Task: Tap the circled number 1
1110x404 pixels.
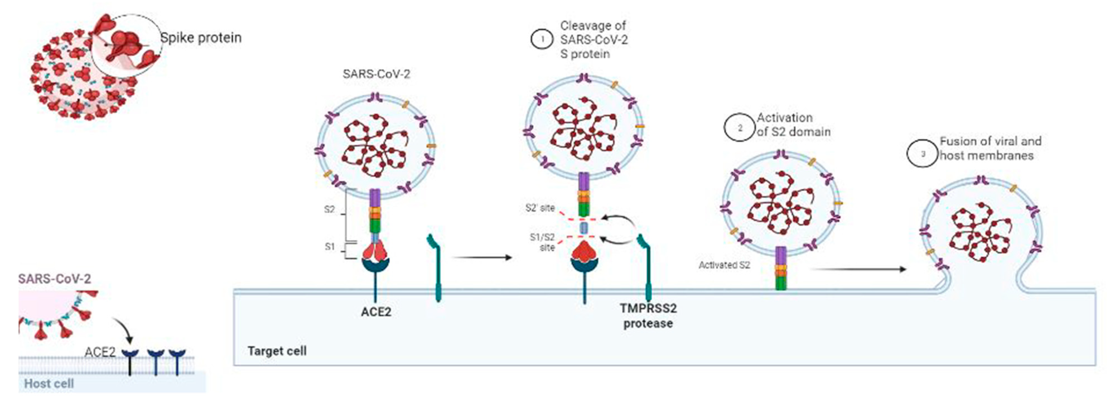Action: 542,40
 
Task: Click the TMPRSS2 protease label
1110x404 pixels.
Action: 648,315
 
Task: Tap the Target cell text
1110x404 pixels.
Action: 277,351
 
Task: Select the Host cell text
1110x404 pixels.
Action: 49,383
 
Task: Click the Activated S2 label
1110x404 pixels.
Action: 724,265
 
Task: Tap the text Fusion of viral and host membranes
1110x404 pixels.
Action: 990,148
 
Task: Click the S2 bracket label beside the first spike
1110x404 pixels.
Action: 329,210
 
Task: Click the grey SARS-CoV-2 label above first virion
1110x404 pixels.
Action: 376,74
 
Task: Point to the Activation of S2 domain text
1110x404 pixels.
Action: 793,125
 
